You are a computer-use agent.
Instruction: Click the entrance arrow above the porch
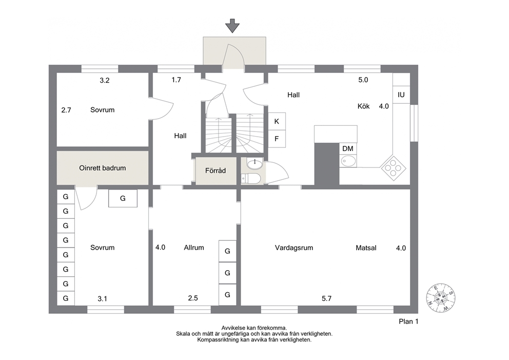232,26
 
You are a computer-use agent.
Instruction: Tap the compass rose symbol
441,297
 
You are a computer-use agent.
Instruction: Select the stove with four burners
393,167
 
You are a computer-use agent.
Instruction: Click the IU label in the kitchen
401,95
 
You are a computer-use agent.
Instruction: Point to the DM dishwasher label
348,148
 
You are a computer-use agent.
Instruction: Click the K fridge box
277,122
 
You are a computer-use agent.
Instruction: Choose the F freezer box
277,139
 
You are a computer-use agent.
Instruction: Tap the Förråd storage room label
216,170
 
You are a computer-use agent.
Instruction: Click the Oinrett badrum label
103,168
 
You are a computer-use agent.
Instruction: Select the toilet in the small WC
251,178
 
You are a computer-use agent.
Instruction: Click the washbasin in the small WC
255,163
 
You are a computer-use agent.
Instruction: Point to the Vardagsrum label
294,248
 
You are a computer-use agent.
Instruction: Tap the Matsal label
366,248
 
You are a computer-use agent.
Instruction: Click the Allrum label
194,248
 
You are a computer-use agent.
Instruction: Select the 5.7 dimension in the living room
326,298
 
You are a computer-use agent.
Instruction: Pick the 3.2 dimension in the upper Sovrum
105,81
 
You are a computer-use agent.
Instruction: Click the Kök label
364,106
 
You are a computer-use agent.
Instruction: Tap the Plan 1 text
409,321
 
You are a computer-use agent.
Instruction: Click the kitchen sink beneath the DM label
348,161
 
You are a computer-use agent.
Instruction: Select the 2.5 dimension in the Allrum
193,298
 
